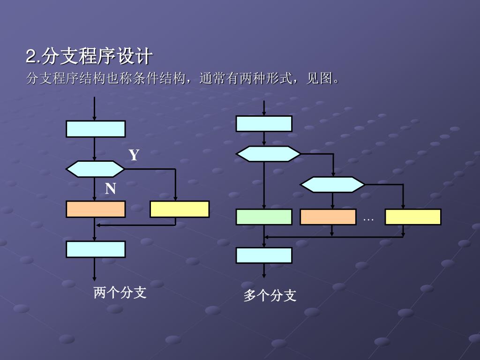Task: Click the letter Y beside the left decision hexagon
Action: pyautogui.click(x=134, y=155)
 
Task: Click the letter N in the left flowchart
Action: pyautogui.click(x=110, y=189)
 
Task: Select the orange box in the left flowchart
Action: pyautogui.click(x=96, y=209)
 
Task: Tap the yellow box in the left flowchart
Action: pyautogui.click(x=180, y=209)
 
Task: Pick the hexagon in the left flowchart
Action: pyautogui.click(x=95, y=169)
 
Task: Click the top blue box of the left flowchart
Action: pyautogui.click(x=96, y=129)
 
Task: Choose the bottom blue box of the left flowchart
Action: pyautogui.click(x=96, y=249)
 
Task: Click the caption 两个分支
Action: pyautogui.click(x=120, y=293)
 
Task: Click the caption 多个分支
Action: pyautogui.click(x=270, y=296)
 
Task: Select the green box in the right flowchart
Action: pyautogui.click(x=264, y=217)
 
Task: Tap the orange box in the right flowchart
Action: pyautogui.click(x=328, y=217)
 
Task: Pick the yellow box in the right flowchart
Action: pyautogui.click(x=413, y=217)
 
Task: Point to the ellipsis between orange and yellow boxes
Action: pyautogui.click(x=368, y=219)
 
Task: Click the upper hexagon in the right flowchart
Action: pyautogui.click(x=268, y=154)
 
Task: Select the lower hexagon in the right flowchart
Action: pyautogui.click(x=332, y=185)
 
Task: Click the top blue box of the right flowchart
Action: pyautogui.click(x=264, y=124)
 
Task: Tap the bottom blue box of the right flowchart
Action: pyautogui.click(x=264, y=255)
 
